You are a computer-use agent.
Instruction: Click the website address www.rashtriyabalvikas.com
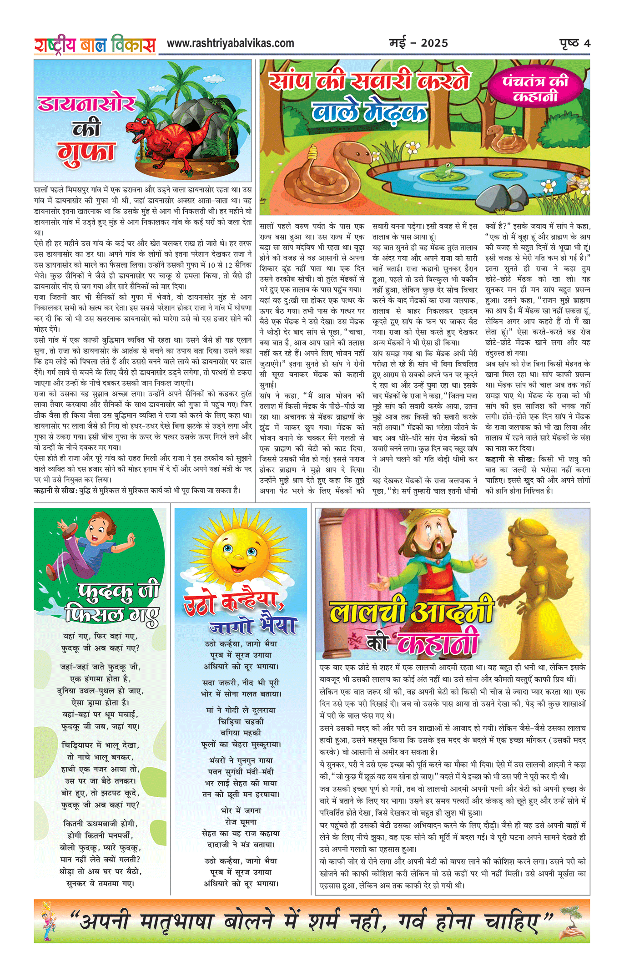(x=230, y=43)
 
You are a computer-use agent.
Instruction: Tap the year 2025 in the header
(x=434, y=43)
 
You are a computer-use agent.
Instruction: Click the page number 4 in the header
(x=587, y=43)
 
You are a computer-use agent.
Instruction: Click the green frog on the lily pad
(x=442, y=171)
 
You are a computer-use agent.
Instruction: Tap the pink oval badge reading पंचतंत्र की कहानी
(x=536, y=89)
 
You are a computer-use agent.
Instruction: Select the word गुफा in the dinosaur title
(x=86, y=152)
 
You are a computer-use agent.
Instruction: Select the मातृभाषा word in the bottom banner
(x=176, y=921)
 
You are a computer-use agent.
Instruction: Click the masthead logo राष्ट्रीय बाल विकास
(x=95, y=45)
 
